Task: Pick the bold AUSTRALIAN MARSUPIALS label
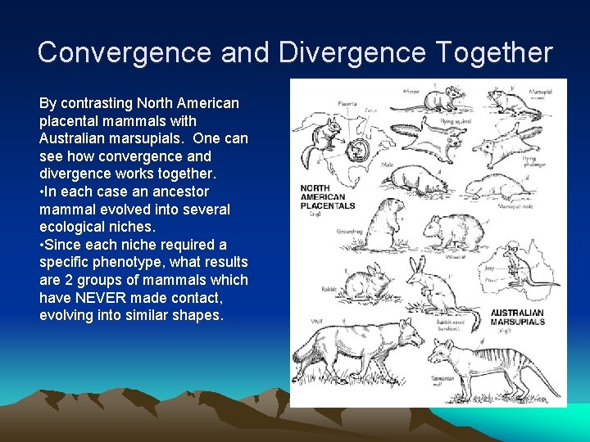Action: pyautogui.click(x=517, y=317)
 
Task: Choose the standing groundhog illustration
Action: pyautogui.click(x=385, y=225)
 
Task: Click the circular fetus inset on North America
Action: pyautogui.click(x=358, y=151)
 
